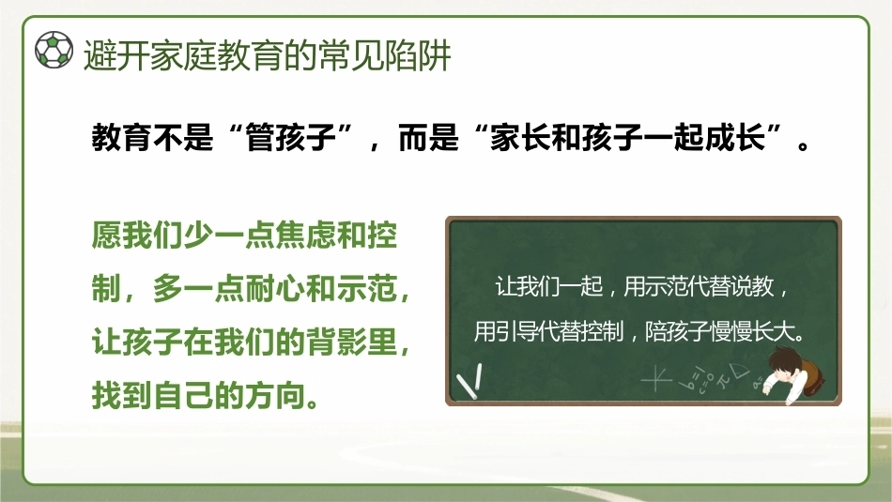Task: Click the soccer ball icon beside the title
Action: point(54,50)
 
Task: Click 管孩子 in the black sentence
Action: point(291,138)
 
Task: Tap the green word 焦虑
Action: point(305,235)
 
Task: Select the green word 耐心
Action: point(275,289)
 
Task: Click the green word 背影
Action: point(336,342)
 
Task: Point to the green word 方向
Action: point(275,396)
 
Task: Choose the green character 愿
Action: point(107,235)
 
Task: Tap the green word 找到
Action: point(122,396)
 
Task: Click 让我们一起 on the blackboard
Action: point(549,286)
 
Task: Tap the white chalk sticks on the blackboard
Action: point(469,381)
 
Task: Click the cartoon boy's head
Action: point(784,365)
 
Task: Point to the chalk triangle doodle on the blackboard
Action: point(740,372)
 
